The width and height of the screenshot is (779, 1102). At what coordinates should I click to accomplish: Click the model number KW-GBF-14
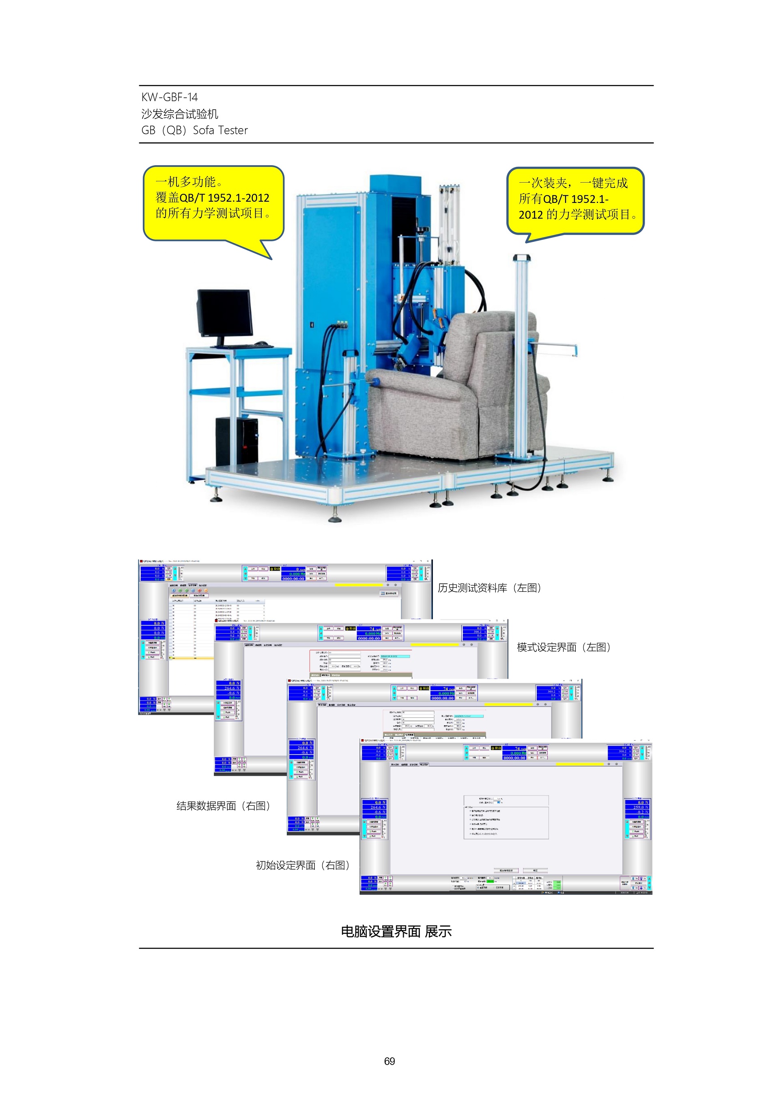pos(169,97)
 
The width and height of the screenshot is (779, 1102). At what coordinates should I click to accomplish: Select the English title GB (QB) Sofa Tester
pos(194,131)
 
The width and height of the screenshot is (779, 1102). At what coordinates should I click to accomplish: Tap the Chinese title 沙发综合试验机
pos(179,114)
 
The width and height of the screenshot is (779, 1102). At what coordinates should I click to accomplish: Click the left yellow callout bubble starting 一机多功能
pos(213,203)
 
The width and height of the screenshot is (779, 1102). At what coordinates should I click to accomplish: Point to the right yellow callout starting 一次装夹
pos(575,200)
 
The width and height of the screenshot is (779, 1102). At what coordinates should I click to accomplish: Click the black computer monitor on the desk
pos(224,313)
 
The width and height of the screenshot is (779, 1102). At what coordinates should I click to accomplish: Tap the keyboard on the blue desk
pos(243,346)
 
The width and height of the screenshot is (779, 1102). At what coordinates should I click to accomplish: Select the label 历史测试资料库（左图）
pos(489,588)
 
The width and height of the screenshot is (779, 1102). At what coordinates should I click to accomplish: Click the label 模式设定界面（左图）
pos(564,647)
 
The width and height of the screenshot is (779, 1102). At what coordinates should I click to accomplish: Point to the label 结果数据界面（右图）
pos(224,806)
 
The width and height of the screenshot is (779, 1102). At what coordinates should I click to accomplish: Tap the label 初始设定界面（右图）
pos(303,865)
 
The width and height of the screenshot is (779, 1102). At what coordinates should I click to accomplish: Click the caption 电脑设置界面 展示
pos(396,932)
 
